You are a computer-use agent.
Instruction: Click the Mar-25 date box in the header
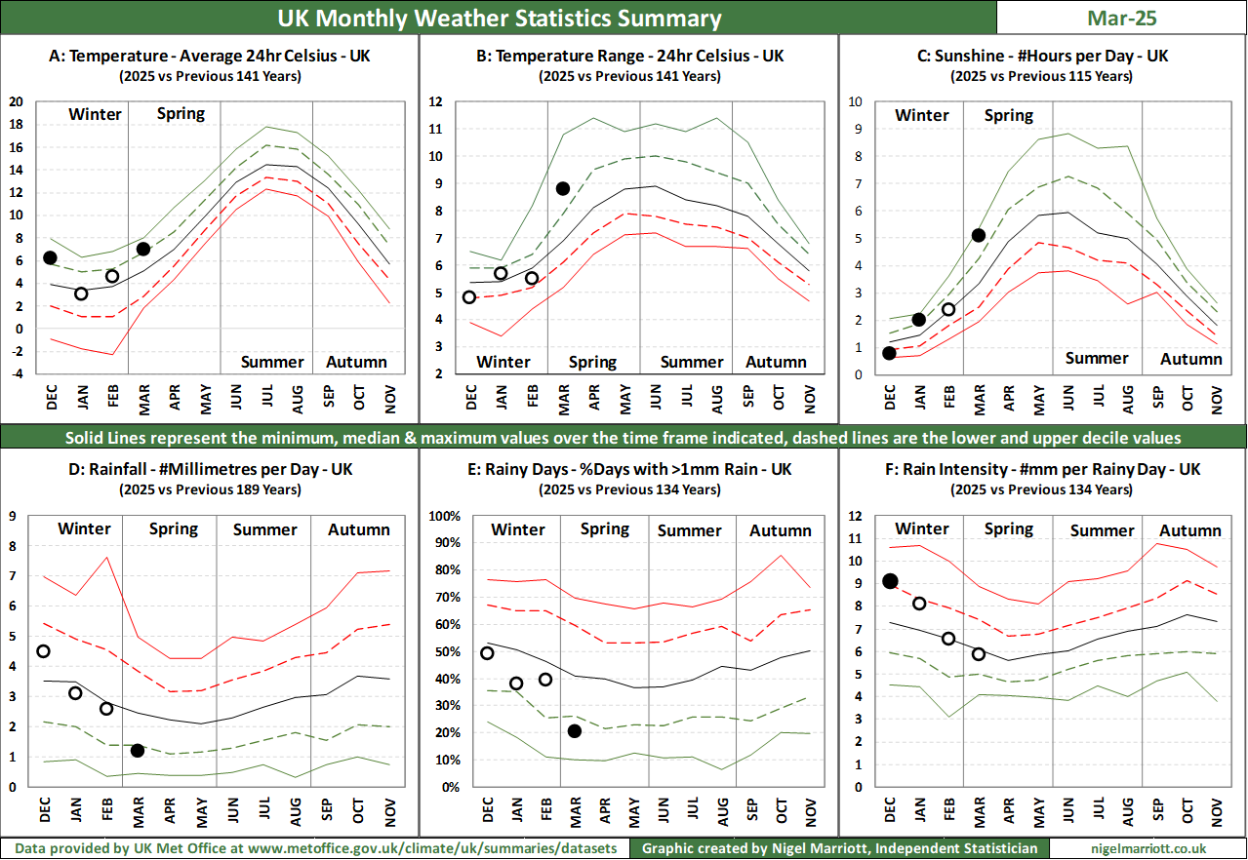[x=1121, y=18]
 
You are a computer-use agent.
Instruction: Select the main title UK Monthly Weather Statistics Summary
[x=500, y=19]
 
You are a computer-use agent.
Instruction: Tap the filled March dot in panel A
[x=143, y=249]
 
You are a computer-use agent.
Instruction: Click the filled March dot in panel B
[x=563, y=188]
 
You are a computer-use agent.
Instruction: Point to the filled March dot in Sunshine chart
[x=979, y=235]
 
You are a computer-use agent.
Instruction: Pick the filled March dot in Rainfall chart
[x=138, y=750]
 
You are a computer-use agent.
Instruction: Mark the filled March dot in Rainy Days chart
[x=575, y=731]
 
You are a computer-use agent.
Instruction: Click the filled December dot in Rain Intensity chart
[x=890, y=581]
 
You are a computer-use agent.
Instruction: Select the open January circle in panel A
[x=81, y=293]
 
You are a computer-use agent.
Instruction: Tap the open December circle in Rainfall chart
[x=43, y=651]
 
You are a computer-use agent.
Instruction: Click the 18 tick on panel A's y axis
[x=16, y=124]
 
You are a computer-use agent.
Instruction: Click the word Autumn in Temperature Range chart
[x=777, y=362]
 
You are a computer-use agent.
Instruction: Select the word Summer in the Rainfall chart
[x=264, y=529]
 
